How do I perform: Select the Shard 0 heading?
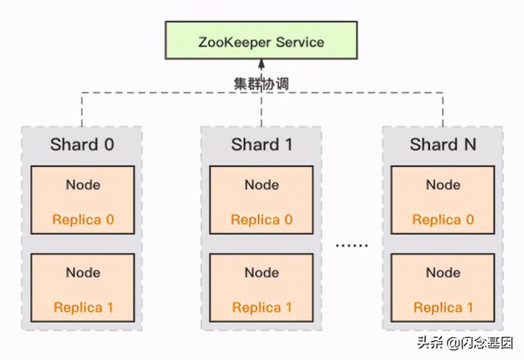(81, 146)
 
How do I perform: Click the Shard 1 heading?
(262, 146)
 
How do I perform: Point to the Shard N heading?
(443, 146)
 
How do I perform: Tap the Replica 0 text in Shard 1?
(262, 219)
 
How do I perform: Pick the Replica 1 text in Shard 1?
(262, 308)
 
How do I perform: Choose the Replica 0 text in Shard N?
(443, 219)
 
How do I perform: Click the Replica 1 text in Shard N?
(443, 308)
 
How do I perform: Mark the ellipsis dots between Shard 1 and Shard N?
(353, 245)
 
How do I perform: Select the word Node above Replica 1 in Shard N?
(443, 272)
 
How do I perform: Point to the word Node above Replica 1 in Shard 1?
(262, 272)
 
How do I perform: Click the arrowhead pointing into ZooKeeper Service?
(261, 64)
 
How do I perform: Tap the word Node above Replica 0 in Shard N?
(443, 185)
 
